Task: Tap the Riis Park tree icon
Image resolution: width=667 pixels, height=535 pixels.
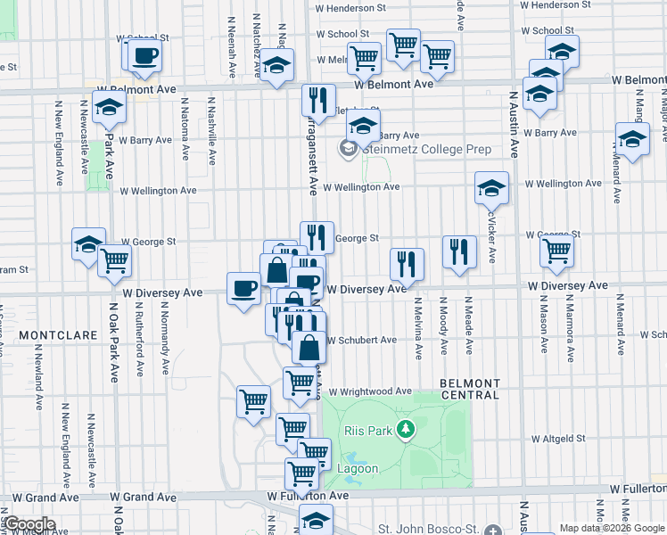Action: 407,431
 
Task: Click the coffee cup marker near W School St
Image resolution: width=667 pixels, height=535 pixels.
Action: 144,55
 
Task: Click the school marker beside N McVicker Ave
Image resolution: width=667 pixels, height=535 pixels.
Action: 491,187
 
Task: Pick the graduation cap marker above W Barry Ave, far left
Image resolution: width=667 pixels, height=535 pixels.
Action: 109,107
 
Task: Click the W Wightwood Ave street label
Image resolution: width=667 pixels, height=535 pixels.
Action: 369,391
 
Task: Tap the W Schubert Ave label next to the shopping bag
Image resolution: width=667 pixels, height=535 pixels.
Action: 361,340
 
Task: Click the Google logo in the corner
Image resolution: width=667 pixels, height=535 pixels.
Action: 29,524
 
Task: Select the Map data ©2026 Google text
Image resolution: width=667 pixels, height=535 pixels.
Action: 612,527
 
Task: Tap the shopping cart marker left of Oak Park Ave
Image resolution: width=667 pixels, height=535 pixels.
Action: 115,261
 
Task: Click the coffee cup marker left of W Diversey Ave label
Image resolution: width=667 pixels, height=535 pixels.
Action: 243,287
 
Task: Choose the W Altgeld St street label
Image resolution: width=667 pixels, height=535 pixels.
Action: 559,438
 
